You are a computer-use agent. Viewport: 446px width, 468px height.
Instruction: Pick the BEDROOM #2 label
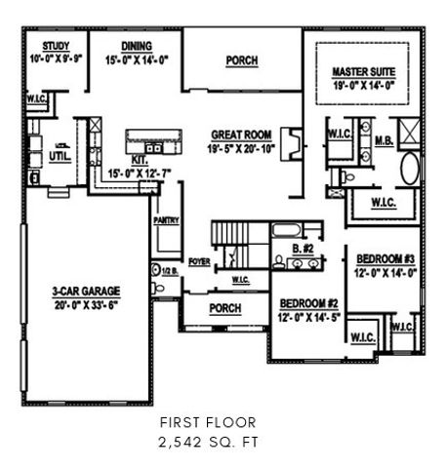(305, 302)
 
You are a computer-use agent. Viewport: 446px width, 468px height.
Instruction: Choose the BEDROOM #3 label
(385, 258)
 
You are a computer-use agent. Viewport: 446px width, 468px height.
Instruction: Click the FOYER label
(199, 261)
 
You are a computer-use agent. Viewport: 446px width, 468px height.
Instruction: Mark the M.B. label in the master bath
(385, 140)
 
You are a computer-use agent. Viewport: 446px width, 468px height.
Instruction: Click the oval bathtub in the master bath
(409, 168)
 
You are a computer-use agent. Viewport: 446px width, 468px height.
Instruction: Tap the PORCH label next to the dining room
(241, 60)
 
